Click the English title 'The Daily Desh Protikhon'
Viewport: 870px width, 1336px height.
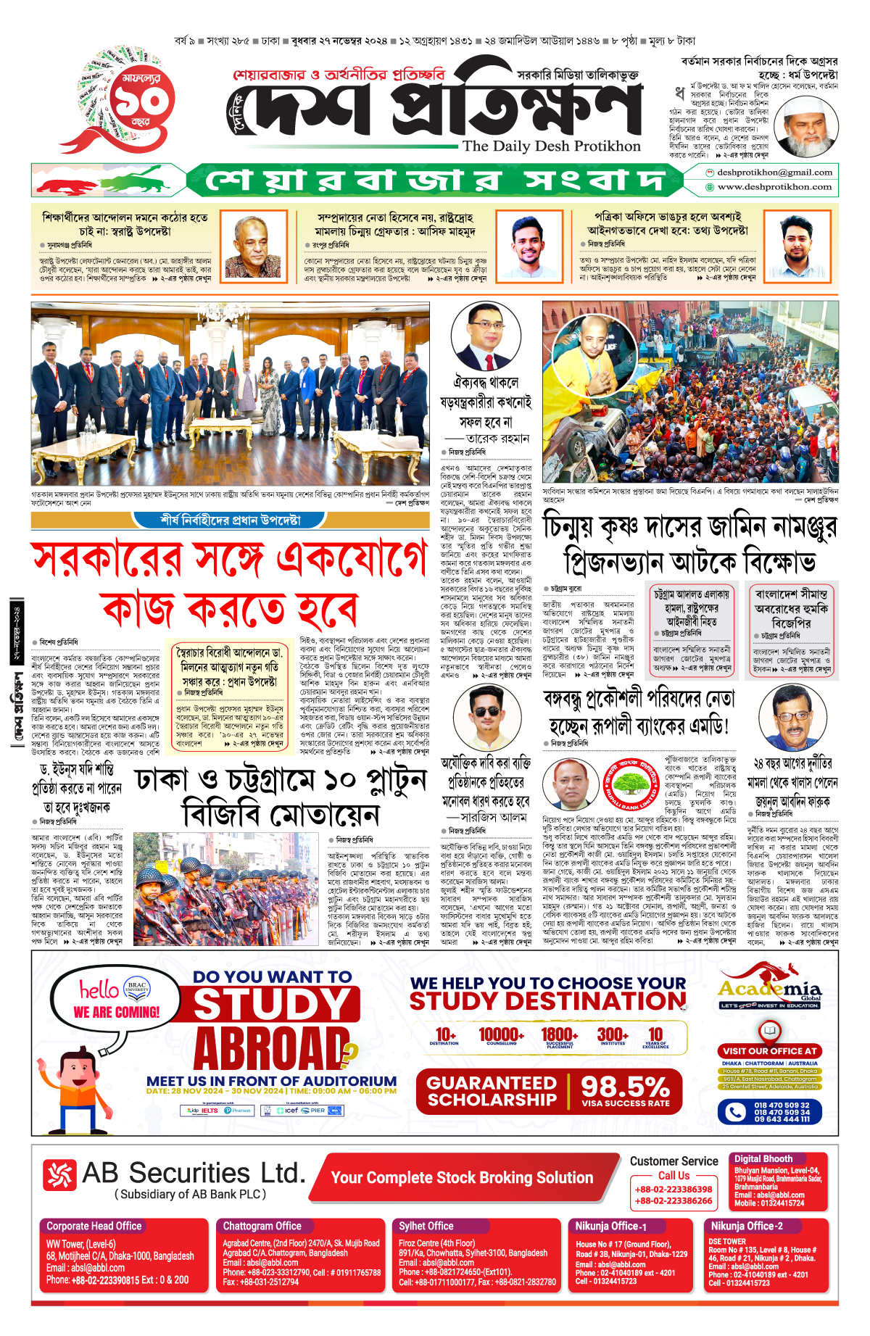pyautogui.click(x=551, y=146)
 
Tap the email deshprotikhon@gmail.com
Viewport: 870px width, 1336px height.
pyautogui.click(x=774, y=173)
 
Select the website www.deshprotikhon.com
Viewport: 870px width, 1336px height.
pyautogui.click(x=774, y=187)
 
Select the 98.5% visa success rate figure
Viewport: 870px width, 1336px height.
pyautogui.click(x=625, y=1088)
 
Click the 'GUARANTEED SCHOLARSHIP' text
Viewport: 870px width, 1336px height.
pyautogui.click(x=492, y=1092)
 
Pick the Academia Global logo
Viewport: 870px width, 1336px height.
pyautogui.click(x=770, y=987)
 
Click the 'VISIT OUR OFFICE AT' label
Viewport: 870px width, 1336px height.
pyautogui.click(x=770, y=1051)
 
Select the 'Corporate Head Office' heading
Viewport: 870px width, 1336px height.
pyautogui.click(x=94, y=1227)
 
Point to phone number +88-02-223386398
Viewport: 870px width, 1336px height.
pyautogui.click(x=674, y=1190)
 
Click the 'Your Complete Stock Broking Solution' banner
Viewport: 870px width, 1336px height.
pyautogui.click(x=462, y=1178)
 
